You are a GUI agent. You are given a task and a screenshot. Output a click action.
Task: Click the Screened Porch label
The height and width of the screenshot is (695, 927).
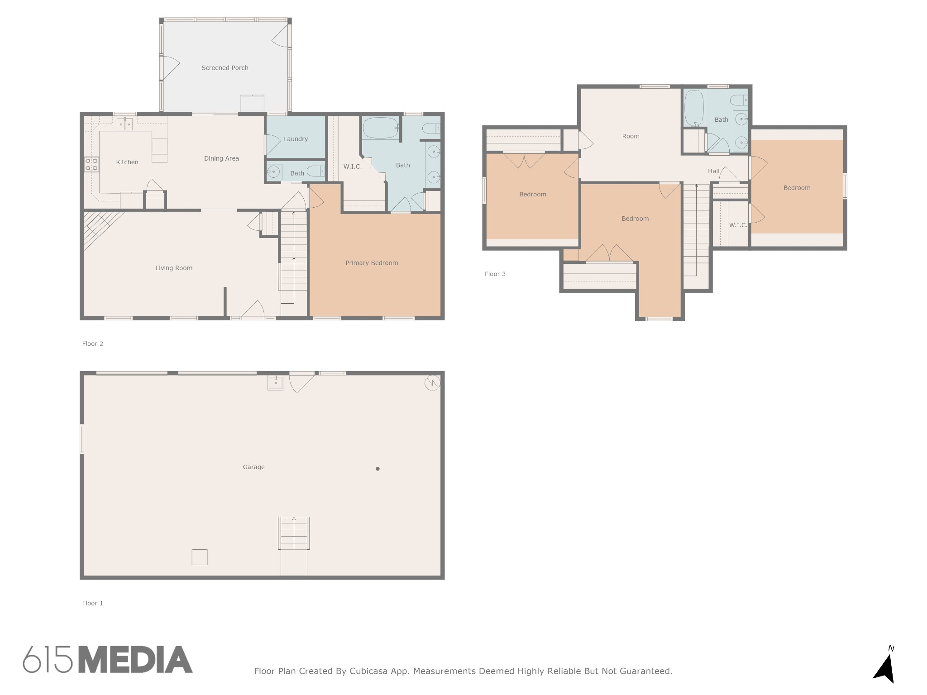click(225, 68)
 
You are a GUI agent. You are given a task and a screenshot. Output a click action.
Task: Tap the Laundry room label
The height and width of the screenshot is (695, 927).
click(296, 139)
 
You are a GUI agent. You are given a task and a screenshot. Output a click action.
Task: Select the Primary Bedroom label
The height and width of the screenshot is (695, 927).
click(372, 263)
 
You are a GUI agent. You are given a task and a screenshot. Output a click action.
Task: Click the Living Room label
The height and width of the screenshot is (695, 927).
click(174, 268)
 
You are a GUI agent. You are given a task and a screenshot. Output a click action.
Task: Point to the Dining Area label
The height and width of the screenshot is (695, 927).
click(221, 158)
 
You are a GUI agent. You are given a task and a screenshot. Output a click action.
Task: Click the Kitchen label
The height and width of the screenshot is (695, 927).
click(127, 162)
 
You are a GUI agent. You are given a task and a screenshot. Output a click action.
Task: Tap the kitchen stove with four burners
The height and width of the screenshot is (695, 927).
click(91, 165)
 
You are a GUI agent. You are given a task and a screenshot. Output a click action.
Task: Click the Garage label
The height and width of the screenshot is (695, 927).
click(253, 467)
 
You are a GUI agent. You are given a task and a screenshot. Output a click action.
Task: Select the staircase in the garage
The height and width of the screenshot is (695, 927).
click(294, 533)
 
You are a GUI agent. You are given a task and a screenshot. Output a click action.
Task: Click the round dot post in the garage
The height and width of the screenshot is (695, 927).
click(377, 469)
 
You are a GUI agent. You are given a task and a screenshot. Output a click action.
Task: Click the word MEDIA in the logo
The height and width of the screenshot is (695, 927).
click(135, 659)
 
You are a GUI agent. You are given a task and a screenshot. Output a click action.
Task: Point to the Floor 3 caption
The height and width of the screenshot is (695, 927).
click(495, 274)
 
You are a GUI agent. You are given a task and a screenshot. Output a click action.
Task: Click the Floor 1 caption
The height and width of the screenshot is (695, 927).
click(93, 603)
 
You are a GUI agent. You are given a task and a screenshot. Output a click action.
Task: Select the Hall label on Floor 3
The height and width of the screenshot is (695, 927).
click(714, 171)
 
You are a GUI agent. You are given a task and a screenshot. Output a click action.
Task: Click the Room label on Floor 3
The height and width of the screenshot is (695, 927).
click(631, 136)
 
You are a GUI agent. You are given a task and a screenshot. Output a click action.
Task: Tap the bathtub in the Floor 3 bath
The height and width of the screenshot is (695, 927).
click(694, 108)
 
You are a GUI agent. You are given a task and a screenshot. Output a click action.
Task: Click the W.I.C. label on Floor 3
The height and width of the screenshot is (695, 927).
click(738, 225)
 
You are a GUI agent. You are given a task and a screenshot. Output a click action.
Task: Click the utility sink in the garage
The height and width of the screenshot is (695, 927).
click(275, 383)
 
